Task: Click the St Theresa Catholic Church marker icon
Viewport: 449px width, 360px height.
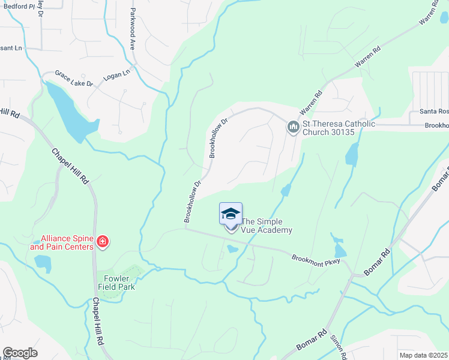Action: (x=293, y=127)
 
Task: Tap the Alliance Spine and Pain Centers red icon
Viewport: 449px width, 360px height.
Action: (x=103, y=242)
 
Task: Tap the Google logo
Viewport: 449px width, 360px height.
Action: (x=20, y=352)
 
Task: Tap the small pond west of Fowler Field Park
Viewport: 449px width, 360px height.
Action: (x=43, y=261)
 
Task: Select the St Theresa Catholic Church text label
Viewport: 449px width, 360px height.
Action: (x=339, y=128)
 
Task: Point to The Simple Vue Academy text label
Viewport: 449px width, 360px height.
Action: (x=266, y=226)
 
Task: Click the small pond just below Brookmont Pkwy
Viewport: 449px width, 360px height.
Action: (x=232, y=248)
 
